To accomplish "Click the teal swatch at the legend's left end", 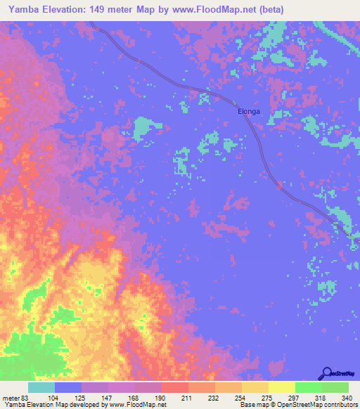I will (41, 387).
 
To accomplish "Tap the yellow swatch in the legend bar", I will (281, 387).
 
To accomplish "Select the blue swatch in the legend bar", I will (68, 387).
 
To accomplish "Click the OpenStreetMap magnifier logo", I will (326, 373).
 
